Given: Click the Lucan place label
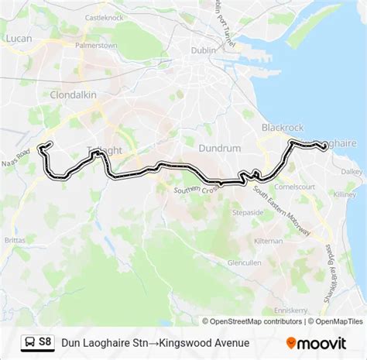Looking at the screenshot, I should point(18,37).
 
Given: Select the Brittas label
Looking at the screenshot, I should point(17,241).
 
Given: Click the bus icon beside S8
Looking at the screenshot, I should point(29,341).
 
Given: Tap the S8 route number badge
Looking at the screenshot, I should point(46,341).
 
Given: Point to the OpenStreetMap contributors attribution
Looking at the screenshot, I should point(252,321).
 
